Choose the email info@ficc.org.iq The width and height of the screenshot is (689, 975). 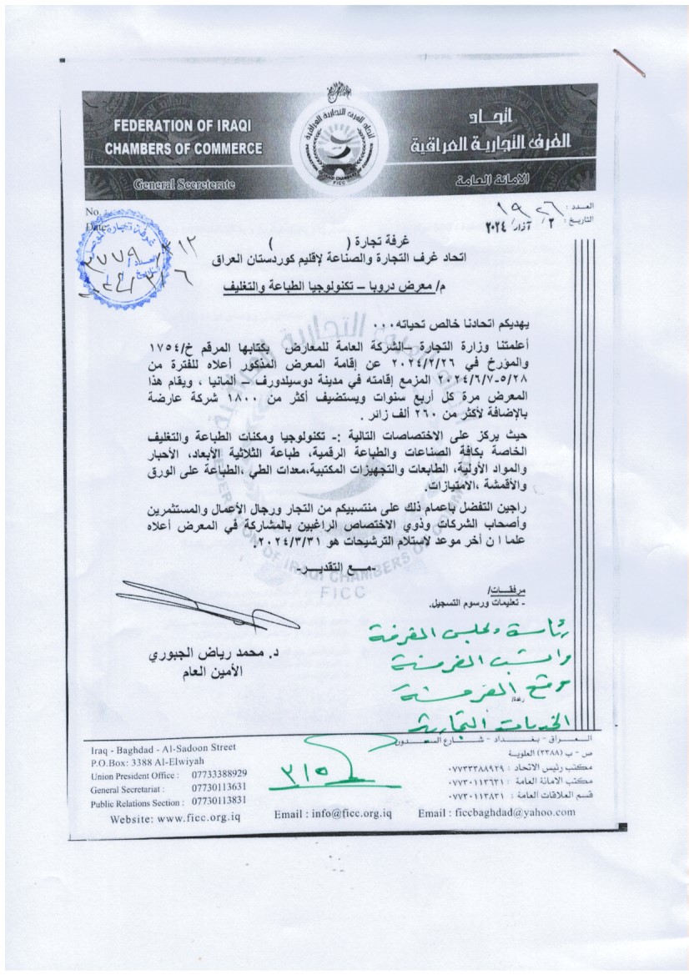334,814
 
